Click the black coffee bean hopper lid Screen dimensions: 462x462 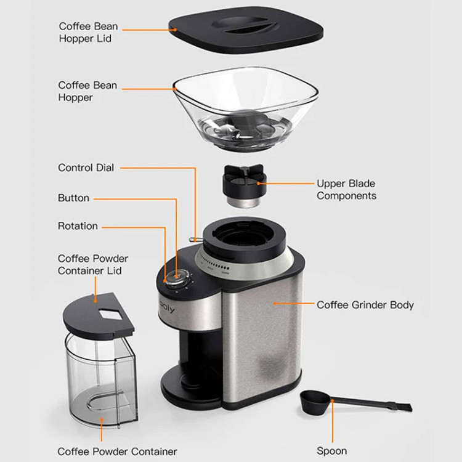(x=246, y=30)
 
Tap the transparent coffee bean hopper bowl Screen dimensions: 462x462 (x=245, y=108)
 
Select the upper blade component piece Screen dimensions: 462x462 (x=244, y=185)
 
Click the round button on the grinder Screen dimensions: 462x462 (x=177, y=277)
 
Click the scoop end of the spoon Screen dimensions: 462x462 (x=315, y=402)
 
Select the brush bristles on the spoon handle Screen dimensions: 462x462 (x=403, y=407)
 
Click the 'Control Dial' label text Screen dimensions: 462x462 (x=86, y=168)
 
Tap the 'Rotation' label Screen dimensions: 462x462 (x=78, y=226)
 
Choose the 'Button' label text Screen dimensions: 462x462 (x=73, y=198)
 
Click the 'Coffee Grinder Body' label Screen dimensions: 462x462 (x=365, y=305)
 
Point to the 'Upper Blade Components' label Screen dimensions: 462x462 (x=346, y=190)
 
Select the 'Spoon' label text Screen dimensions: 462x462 (x=332, y=451)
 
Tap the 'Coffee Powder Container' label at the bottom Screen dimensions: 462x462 (x=117, y=452)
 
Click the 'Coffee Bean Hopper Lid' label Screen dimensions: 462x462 (x=88, y=32)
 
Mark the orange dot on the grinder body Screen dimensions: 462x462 (x=274, y=303)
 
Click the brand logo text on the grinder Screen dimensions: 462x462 (x=167, y=307)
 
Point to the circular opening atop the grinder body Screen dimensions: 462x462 (x=245, y=235)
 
